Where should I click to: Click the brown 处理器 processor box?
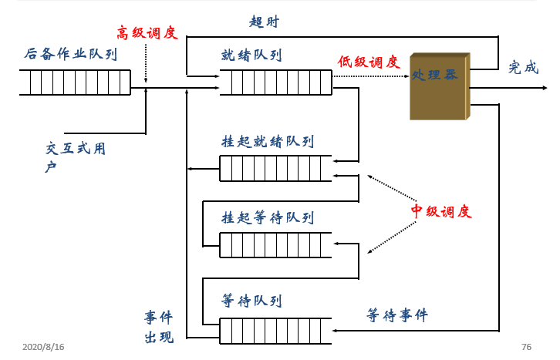pos(439,86)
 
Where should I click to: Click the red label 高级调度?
pos(147,32)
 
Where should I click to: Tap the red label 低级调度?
pos(368,62)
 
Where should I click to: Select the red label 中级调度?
pos(440,211)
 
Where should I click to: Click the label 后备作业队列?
pos(70,54)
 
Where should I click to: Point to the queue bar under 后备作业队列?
pos(75,82)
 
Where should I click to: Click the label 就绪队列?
pos(251,55)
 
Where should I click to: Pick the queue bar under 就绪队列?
pos(275,82)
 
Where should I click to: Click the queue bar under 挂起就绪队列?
pos(275,168)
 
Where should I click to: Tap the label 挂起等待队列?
pos(267,217)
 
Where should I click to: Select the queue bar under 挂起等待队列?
pos(275,244)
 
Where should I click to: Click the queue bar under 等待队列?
pos(275,330)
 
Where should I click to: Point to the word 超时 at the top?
pos(264,22)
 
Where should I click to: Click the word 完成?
pos(523,67)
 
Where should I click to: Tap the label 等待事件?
pos(396,315)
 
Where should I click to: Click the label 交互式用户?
pos(75,156)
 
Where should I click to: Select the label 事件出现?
pos(159,327)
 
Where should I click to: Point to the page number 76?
pos(526,347)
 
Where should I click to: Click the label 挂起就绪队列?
pos(267,142)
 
